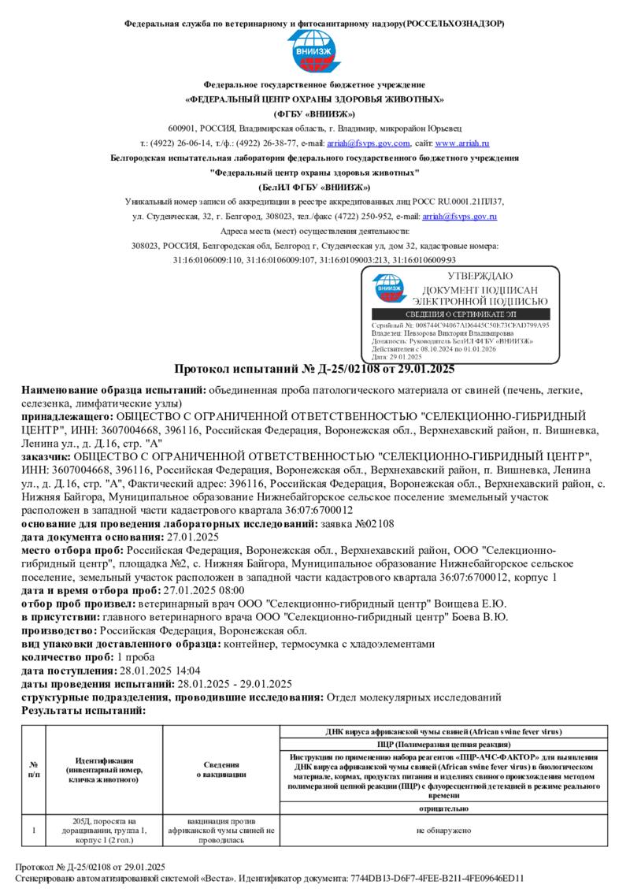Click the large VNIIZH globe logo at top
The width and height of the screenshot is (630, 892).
point(314,53)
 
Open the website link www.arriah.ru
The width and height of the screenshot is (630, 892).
point(462,143)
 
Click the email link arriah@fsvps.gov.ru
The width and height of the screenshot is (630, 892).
point(460,216)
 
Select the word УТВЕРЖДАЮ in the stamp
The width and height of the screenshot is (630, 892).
point(480,277)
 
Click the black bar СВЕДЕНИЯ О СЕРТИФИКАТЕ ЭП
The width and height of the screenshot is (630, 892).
point(460,314)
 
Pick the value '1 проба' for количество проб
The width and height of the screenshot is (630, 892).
point(135,657)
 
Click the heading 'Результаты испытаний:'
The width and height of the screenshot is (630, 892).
point(83,711)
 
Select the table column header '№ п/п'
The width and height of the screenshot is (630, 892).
point(34,769)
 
